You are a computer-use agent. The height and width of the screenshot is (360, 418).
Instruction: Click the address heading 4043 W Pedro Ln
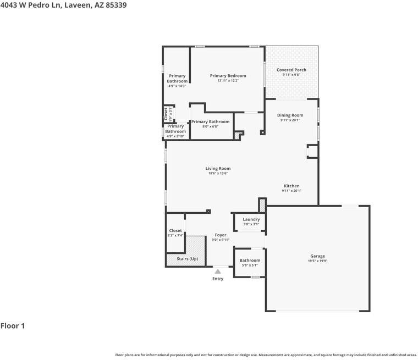(30, 5)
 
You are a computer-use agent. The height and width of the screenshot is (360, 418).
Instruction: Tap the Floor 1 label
(13, 326)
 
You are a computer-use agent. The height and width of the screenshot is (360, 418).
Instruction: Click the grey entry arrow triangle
(218, 271)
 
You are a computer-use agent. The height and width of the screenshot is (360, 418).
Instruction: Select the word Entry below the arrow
(218, 279)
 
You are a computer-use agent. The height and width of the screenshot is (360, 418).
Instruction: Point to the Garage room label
(317, 256)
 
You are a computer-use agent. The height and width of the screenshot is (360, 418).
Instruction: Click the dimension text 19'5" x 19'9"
(317, 261)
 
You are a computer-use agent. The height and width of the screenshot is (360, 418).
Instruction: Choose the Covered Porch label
(291, 70)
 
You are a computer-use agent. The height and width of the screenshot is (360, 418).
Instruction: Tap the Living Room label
(218, 169)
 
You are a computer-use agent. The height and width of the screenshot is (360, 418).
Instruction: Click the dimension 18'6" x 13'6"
(218, 174)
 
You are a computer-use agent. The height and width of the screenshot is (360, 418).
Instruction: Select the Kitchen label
(291, 186)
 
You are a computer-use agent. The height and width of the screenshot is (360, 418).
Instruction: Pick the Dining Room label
(290, 115)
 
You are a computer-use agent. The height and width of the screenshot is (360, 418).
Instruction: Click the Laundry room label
(251, 219)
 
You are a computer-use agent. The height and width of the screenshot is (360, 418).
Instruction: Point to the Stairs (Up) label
(187, 258)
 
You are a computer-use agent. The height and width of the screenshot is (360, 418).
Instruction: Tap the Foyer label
(220, 235)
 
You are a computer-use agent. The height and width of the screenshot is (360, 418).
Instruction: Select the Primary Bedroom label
(228, 76)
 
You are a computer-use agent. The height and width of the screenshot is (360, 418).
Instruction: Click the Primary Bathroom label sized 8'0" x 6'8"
(210, 121)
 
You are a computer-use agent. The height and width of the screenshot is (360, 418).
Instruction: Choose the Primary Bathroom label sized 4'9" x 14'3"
(177, 79)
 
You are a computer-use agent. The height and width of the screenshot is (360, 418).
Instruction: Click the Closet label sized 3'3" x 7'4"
(175, 231)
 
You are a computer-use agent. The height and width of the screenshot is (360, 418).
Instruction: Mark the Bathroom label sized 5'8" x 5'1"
(250, 261)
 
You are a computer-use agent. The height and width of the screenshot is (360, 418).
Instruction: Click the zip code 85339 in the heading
(116, 5)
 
